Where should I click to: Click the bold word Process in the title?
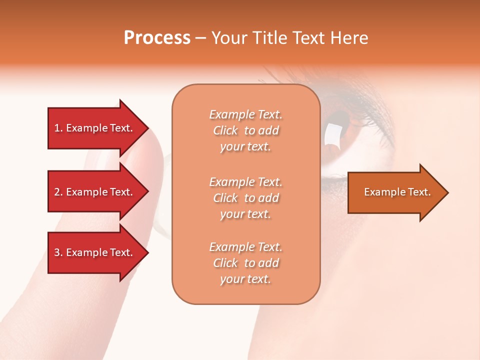pyautogui.click(x=157, y=38)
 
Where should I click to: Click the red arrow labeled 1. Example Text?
pyautogui.click(x=95, y=128)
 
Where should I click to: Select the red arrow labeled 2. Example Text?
pyautogui.click(x=95, y=192)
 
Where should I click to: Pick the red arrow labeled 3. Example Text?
pyautogui.click(x=95, y=252)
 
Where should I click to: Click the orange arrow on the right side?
pyautogui.click(x=395, y=192)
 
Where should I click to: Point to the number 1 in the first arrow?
pyautogui.click(x=57, y=128)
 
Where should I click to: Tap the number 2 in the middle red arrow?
pyautogui.click(x=57, y=192)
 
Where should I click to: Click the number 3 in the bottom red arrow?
pyautogui.click(x=57, y=252)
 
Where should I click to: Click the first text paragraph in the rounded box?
pyautogui.click(x=245, y=130)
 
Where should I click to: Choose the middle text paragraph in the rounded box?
pyautogui.click(x=245, y=198)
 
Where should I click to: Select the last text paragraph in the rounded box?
pyautogui.click(x=245, y=263)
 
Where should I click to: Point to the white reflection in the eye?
pyautogui.click(x=331, y=134)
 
